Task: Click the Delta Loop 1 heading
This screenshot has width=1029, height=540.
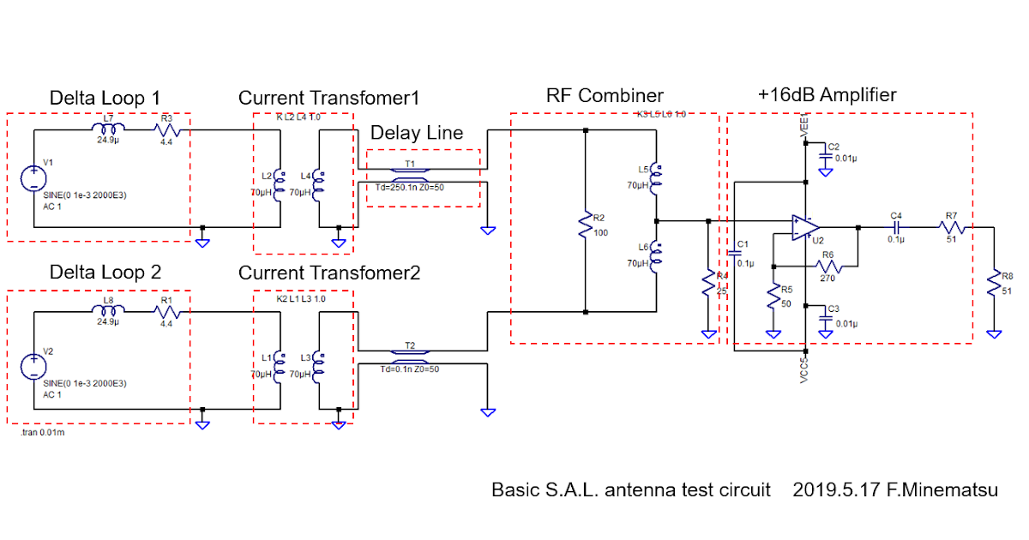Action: click(105, 97)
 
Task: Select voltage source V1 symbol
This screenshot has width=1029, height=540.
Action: click(33, 177)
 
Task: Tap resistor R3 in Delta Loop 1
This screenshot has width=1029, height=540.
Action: click(166, 130)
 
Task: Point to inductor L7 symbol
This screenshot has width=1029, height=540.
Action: click(108, 130)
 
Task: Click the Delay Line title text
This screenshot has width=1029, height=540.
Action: click(417, 133)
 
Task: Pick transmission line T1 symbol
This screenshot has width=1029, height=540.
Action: click(411, 171)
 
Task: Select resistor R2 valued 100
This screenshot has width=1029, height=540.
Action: click(585, 225)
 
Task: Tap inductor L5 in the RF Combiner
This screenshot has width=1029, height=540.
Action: click(656, 175)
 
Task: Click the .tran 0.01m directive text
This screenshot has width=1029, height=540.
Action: click(43, 433)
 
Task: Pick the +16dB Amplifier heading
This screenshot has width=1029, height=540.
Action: click(827, 94)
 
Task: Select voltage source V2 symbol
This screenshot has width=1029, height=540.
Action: click(33, 365)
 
